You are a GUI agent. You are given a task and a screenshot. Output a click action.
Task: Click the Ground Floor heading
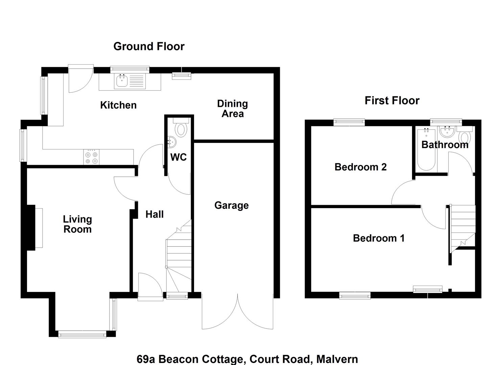coord(149,47)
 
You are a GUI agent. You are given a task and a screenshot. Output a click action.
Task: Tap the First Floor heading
coord(392,100)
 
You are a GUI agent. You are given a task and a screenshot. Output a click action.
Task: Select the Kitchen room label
coord(118,105)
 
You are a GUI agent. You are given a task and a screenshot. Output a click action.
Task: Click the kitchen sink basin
coord(122,81)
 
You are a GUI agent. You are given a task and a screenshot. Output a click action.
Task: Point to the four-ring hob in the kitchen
coord(91,157)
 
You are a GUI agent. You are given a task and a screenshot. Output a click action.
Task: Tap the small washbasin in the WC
coord(172,142)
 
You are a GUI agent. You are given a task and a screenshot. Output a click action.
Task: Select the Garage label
coord(232,205)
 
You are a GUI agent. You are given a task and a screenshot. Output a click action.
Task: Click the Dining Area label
coord(233,109)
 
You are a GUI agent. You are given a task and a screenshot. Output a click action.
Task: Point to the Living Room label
coord(77,224)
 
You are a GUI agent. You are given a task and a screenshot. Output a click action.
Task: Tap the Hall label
coord(154,214)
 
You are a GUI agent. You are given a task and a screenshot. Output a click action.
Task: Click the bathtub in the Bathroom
coord(426,150)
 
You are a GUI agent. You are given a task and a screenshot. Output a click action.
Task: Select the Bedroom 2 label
coord(361,167)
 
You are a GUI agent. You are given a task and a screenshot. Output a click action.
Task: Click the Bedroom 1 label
coord(379,238)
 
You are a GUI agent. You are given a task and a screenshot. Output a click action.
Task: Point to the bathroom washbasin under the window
coord(447,131)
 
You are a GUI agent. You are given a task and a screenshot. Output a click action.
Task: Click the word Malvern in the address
coord(337,359)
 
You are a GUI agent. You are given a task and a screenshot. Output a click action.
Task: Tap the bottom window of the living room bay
coord(82,335)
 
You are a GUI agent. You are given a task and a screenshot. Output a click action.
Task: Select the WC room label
coord(178,157)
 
